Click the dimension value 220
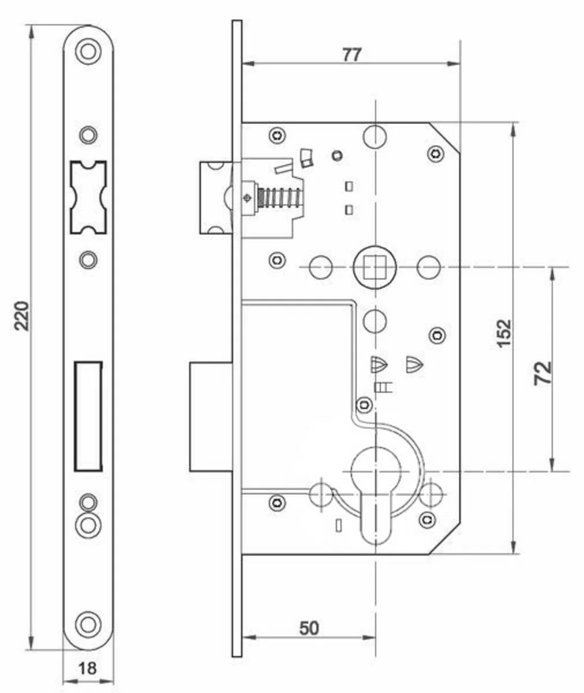tap(21, 316)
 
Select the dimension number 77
tap(351, 55)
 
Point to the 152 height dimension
tap(504, 333)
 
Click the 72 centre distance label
tap(542, 373)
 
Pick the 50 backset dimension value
tap(309, 628)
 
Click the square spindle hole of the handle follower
tap(375, 267)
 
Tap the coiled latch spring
tap(279, 198)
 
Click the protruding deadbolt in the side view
tap(211, 416)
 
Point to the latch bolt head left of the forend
tap(216, 198)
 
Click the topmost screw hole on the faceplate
tap(88, 52)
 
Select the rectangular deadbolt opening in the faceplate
tap(88, 416)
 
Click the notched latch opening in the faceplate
tap(88, 198)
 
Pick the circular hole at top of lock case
tap(375, 136)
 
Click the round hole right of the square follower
tap(428, 267)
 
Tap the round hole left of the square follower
tap(321, 267)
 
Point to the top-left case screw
tap(277, 135)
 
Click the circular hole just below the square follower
tap(375, 321)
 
